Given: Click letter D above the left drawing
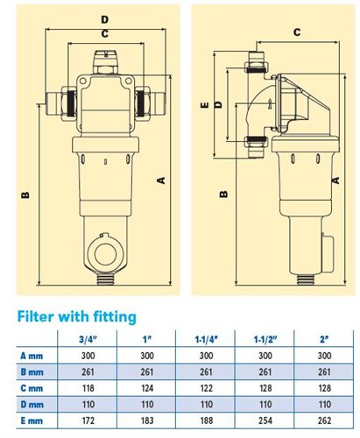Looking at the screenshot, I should (103, 18).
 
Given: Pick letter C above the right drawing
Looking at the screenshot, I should (297, 32).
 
